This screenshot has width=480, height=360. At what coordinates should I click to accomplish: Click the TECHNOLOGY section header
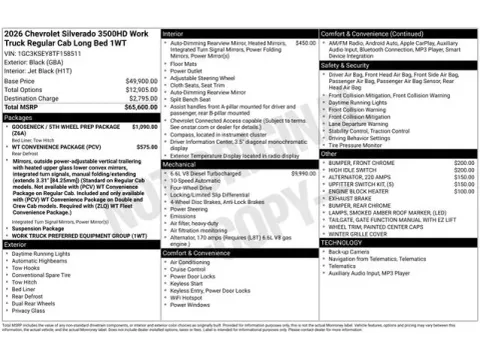[x=342, y=243]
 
